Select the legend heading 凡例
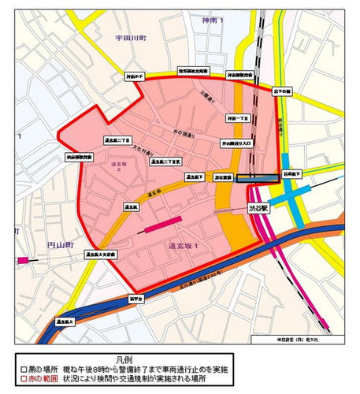coord(180,357)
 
